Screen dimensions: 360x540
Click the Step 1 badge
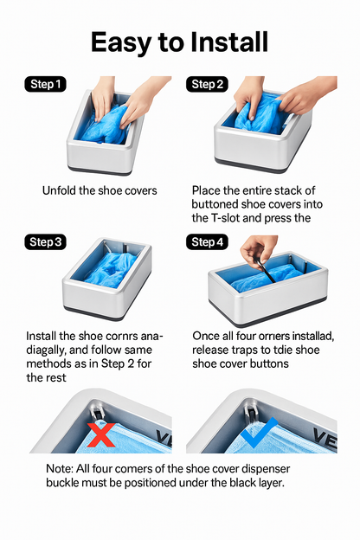[45, 85]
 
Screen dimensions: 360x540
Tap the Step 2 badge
[207, 85]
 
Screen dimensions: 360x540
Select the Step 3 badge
[45, 241]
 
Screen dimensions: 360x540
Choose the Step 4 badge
[207, 241]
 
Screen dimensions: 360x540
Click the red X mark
[101, 434]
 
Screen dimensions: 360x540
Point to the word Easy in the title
[120, 43]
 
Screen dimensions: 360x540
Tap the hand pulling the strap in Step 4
[259, 250]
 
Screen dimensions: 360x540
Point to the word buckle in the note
[61, 483]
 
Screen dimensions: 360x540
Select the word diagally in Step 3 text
[47, 350]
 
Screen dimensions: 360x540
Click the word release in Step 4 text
[209, 350]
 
